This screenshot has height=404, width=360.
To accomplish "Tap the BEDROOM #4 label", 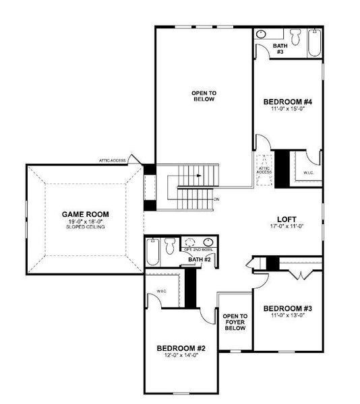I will click(285, 102).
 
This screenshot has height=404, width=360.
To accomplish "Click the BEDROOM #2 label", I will click(180, 348).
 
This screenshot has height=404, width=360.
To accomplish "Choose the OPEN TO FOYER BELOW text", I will click(235, 324).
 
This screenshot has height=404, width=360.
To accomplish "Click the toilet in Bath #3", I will click(294, 34).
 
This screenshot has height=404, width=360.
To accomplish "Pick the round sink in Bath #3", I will click(261, 34).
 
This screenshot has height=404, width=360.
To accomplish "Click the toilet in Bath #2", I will click(171, 244).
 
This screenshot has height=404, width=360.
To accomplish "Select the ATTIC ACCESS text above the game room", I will click(113, 160).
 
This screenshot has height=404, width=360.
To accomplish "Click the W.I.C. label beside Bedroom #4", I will click(307, 173).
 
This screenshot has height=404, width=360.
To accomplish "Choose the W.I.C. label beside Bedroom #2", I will click(162, 291).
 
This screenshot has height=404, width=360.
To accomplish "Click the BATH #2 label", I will click(200, 259).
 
